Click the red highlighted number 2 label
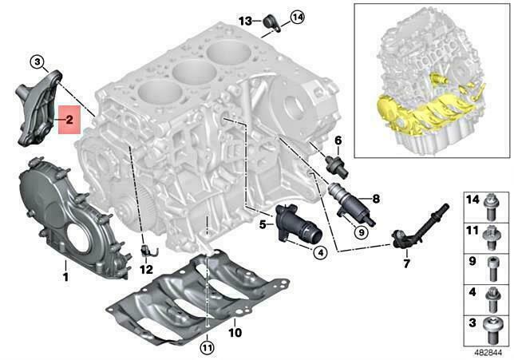click(69, 121)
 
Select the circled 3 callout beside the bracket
click(38, 61)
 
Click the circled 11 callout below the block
click(207, 347)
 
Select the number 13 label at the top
click(245, 19)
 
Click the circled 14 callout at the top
click(275, 16)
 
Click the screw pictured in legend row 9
click(492, 265)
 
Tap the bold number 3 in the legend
click(472, 322)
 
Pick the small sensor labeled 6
click(336, 164)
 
